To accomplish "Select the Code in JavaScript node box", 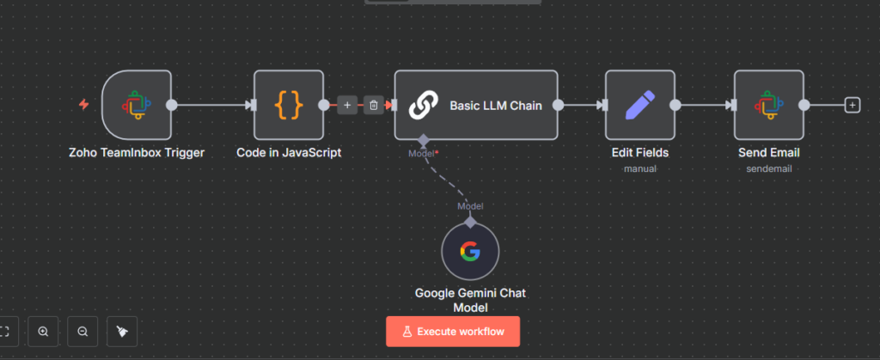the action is [289, 105].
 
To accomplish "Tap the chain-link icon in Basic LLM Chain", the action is [423, 106].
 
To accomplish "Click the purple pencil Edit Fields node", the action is [639, 105].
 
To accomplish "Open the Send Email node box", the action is [769, 105].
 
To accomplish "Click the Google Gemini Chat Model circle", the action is [470, 252].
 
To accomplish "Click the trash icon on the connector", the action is [374, 105].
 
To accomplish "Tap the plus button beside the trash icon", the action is [347, 105].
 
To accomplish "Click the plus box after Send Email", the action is [852, 105].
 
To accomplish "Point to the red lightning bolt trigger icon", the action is [83, 104].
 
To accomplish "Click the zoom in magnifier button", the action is [43, 332].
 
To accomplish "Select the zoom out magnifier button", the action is [82, 332].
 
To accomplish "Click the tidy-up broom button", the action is [122, 332].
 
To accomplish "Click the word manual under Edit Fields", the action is [639, 168].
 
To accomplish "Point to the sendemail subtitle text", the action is [769, 168].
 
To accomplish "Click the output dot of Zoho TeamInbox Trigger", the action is [172, 105].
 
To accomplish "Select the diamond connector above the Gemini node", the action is [470, 223].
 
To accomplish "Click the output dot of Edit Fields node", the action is [675, 105].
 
